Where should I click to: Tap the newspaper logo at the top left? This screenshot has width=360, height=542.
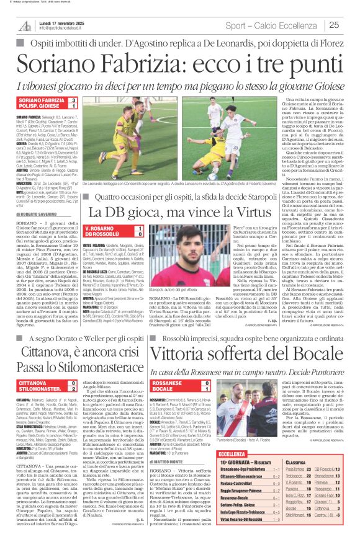(x=24, y=25)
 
